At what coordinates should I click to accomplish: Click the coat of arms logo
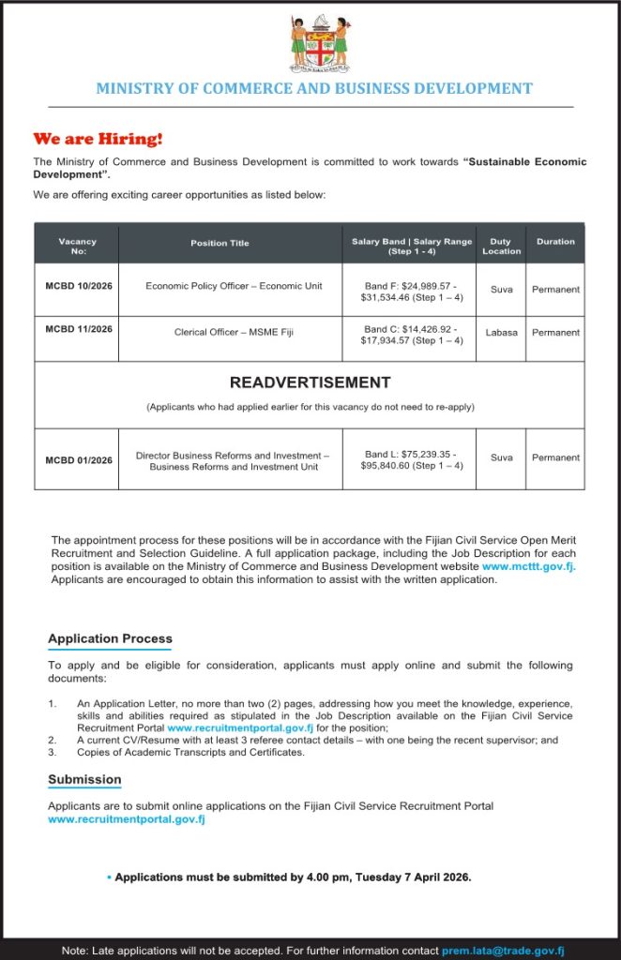319,44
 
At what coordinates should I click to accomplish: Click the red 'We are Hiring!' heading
98,139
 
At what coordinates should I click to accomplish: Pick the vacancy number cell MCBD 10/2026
79,286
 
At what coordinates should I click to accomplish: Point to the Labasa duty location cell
502,332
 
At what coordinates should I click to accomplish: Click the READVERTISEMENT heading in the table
310,382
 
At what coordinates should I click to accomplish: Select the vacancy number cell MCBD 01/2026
79,460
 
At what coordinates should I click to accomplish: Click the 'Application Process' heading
110,639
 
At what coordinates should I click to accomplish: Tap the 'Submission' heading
84,779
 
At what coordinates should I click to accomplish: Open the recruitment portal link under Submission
127,819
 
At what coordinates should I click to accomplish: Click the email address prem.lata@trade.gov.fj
503,950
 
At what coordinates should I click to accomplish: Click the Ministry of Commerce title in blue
314,89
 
